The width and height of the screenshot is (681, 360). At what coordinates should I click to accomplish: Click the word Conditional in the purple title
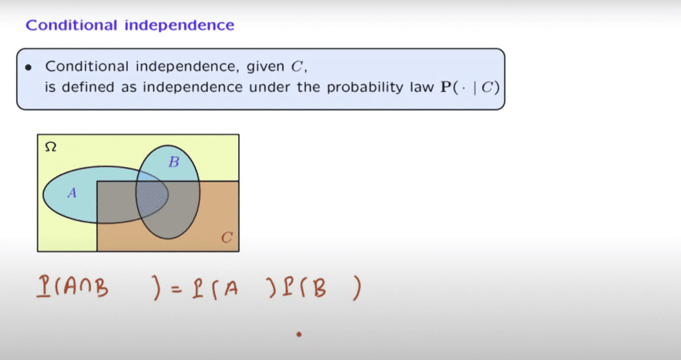pyautogui.click(x=72, y=25)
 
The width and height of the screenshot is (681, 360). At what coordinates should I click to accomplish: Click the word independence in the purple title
pyautogui.click(x=180, y=25)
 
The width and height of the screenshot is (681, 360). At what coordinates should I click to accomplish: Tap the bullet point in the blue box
pyautogui.click(x=29, y=67)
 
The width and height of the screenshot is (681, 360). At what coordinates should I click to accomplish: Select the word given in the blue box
pyautogui.click(x=265, y=67)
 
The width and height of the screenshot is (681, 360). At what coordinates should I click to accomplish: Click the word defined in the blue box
pyautogui.click(x=88, y=87)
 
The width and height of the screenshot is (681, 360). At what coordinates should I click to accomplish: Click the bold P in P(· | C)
pyautogui.click(x=446, y=87)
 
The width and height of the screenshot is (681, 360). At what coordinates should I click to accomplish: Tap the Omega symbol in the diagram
pyautogui.click(x=51, y=147)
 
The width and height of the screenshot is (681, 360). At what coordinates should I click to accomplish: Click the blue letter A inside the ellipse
pyautogui.click(x=72, y=192)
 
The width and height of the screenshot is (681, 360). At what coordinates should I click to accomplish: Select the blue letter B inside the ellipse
pyautogui.click(x=174, y=162)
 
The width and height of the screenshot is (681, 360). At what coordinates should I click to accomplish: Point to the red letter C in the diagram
pyautogui.click(x=227, y=238)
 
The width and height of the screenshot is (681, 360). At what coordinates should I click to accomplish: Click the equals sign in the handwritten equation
pyautogui.click(x=176, y=289)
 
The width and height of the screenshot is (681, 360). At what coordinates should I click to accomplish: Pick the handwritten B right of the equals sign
pyautogui.click(x=319, y=288)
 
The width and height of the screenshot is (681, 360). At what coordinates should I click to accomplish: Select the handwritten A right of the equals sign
pyautogui.click(x=231, y=288)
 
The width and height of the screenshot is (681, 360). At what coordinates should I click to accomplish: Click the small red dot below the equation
pyautogui.click(x=299, y=334)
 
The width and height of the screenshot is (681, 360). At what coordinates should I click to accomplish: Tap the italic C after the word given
pyautogui.click(x=297, y=67)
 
